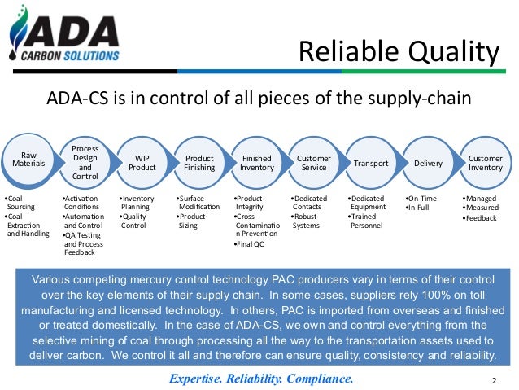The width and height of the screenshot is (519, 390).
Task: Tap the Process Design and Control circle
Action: (85, 162)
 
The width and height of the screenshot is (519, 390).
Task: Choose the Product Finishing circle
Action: (199, 162)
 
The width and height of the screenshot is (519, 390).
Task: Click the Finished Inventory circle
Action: (256, 162)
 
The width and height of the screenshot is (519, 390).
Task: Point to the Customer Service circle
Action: (313, 162)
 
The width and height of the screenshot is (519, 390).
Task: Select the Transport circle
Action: (370, 163)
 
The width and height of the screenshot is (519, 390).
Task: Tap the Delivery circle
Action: (428, 163)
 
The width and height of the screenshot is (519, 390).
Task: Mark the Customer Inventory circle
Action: (485, 162)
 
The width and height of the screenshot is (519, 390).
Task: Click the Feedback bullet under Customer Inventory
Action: (480, 219)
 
